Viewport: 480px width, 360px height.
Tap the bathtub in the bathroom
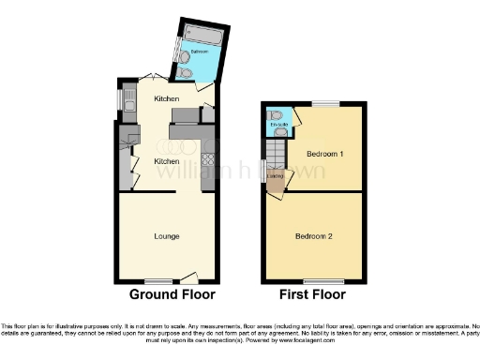(203, 38)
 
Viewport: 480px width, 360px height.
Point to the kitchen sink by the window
(127, 104)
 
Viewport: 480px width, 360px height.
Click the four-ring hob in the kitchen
(208, 158)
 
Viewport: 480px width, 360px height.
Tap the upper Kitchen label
(167, 97)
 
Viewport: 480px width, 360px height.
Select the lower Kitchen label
(167, 160)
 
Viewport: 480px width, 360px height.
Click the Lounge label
(167, 235)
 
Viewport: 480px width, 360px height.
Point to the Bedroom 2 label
(312, 235)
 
